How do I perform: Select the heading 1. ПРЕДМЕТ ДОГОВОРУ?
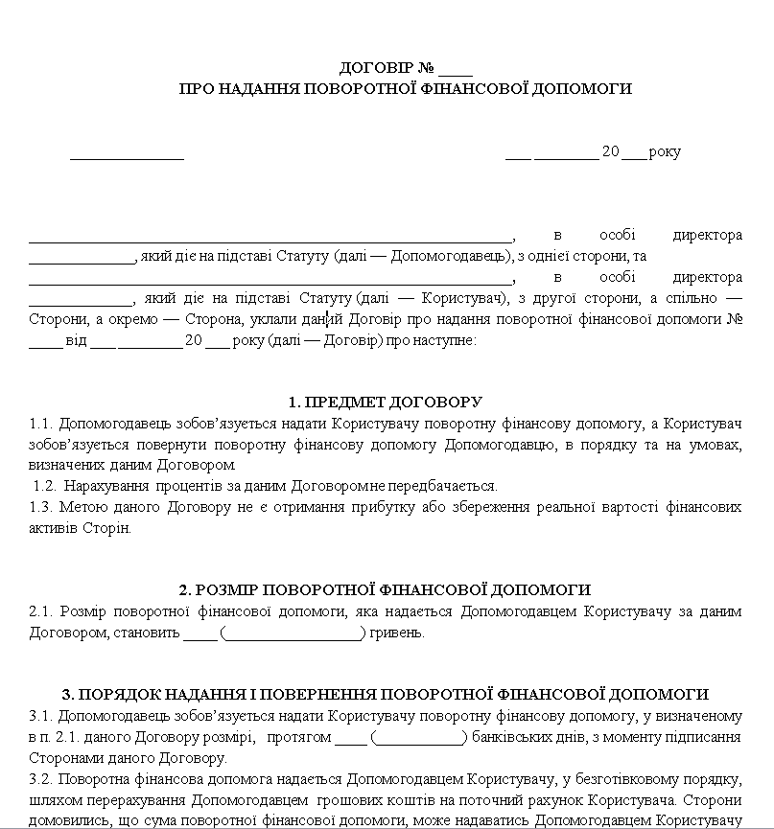pos(386,403)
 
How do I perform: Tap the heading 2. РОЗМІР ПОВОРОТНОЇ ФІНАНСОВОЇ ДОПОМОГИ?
pos(386,589)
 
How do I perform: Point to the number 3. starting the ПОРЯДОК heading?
pos(67,694)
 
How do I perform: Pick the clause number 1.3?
pos(41,506)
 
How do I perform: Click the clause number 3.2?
pos(41,778)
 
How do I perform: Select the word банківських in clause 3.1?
pos(509,737)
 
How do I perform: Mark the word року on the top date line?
pos(665,152)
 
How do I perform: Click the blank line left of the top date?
pos(127,155)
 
